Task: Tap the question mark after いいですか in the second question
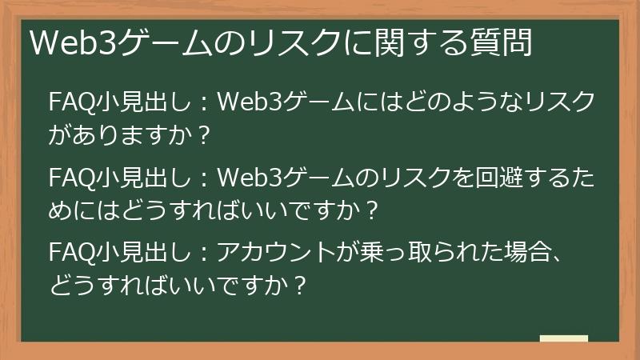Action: pos(370,210)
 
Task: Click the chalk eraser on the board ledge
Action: pos(564,338)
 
